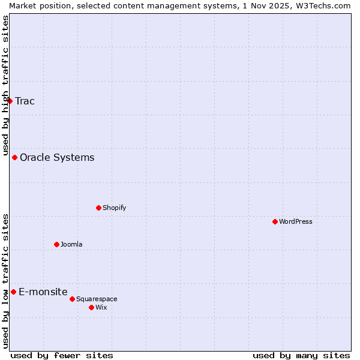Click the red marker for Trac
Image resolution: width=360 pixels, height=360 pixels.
coord(10,101)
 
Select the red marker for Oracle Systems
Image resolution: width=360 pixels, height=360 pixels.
coord(14,157)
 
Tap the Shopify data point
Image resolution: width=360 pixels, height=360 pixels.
coord(98,208)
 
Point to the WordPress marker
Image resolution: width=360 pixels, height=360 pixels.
coord(275,221)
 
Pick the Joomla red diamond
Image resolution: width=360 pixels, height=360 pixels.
coord(56,244)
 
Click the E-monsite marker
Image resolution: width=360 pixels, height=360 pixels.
coord(13,292)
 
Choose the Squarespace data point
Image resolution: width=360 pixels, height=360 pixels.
coord(72,299)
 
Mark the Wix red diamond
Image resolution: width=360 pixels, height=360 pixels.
coord(91,307)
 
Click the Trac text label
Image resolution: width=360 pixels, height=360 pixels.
coord(25,101)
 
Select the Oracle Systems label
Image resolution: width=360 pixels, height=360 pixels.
coord(57,158)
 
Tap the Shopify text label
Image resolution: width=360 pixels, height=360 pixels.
coord(114,208)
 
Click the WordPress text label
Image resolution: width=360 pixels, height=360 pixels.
coord(296,221)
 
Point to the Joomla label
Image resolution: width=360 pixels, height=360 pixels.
coord(71,244)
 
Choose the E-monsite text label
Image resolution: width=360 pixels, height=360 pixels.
coord(43,292)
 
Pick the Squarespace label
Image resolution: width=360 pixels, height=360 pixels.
coord(97,299)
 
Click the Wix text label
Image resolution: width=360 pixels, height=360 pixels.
coord(101,307)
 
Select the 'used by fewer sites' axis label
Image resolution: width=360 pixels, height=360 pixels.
coord(62,355)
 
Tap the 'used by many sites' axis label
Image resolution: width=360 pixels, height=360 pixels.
coord(301,355)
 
